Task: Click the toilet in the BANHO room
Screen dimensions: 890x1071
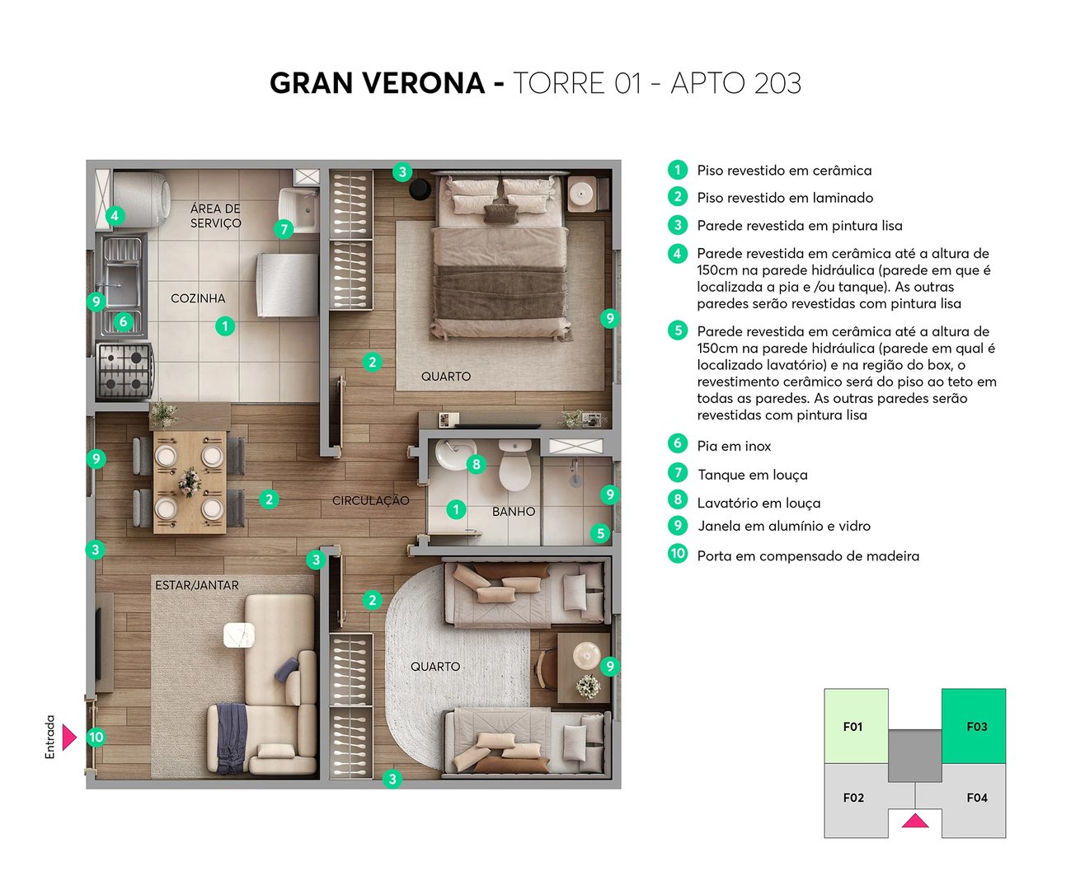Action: [x=515, y=466]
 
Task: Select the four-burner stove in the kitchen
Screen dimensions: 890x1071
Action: [x=125, y=370]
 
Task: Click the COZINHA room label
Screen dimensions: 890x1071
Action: [x=198, y=298]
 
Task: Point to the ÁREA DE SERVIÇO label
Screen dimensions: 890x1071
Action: [x=215, y=216]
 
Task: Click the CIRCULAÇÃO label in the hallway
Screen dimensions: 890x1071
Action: [x=370, y=500]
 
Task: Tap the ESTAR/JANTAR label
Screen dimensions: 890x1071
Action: [x=197, y=585]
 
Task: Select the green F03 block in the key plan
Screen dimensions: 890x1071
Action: [x=974, y=725]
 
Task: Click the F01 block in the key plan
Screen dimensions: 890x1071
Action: [x=855, y=725]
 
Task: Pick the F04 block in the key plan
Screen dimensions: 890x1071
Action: [x=975, y=798]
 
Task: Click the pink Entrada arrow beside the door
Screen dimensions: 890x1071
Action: [x=68, y=737]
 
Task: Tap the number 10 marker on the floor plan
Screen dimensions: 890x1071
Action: [x=96, y=737]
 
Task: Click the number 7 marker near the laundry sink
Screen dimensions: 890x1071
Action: [x=284, y=228]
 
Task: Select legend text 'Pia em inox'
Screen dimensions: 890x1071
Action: [x=734, y=446]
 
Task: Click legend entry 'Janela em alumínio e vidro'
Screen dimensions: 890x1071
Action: [x=783, y=526]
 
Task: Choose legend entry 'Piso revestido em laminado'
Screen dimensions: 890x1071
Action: [x=784, y=198]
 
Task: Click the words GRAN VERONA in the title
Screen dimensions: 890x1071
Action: [x=377, y=83]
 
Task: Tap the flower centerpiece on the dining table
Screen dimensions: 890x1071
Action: [x=190, y=481]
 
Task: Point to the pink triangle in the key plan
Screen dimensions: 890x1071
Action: [x=915, y=821]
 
